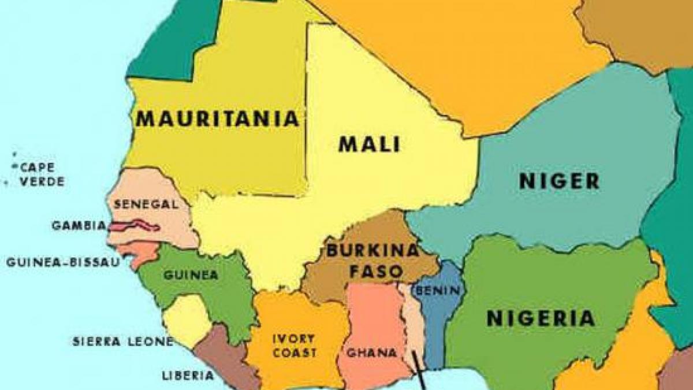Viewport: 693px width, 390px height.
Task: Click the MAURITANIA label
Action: [x=218, y=119]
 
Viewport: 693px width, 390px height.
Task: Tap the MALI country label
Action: [x=369, y=144]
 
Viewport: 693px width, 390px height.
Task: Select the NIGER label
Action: [x=559, y=181]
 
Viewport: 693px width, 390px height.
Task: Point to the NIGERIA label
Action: [x=541, y=318]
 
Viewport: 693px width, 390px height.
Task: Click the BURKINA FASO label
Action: [x=372, y=261]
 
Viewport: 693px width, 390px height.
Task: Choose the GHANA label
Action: [x=371, y=352]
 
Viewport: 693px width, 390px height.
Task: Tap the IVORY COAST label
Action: [x=295, y=346]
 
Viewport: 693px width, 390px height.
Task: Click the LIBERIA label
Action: [x=188, y=376]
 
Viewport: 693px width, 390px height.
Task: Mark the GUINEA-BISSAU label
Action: [x=64, y=262]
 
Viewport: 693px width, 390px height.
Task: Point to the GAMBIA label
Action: [x=79, y=225]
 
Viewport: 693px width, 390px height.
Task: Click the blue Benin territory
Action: [x=439, y=312]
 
